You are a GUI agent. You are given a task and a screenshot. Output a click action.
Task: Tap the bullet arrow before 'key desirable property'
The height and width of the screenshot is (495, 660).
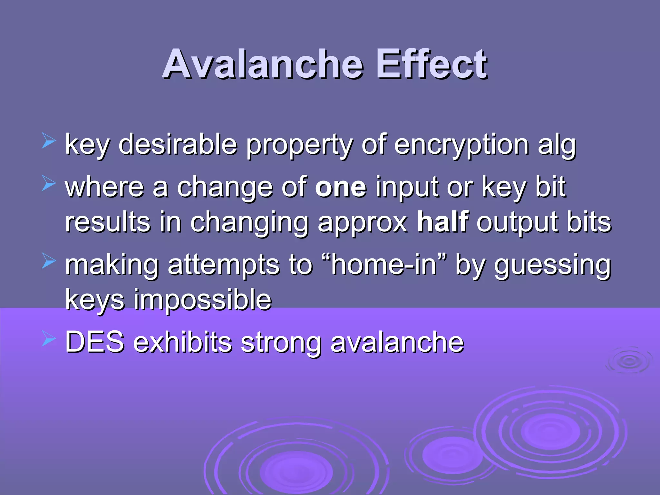[x=49, y=142]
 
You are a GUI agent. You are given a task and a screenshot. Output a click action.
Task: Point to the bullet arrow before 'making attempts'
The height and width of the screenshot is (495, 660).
[x=49, y=261]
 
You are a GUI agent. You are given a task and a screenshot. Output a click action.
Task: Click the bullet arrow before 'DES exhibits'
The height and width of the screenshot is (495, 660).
[x=49, y=340]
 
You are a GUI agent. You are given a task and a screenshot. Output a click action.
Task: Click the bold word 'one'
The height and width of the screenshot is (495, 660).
[x=341, y=188]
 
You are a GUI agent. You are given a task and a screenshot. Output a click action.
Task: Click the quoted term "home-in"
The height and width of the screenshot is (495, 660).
[x=384, y=265]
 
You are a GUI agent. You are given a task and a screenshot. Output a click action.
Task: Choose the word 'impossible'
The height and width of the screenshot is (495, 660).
[x=202, y=300]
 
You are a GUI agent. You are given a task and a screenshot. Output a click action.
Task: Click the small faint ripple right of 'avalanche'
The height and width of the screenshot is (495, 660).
[x=629, y=361]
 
